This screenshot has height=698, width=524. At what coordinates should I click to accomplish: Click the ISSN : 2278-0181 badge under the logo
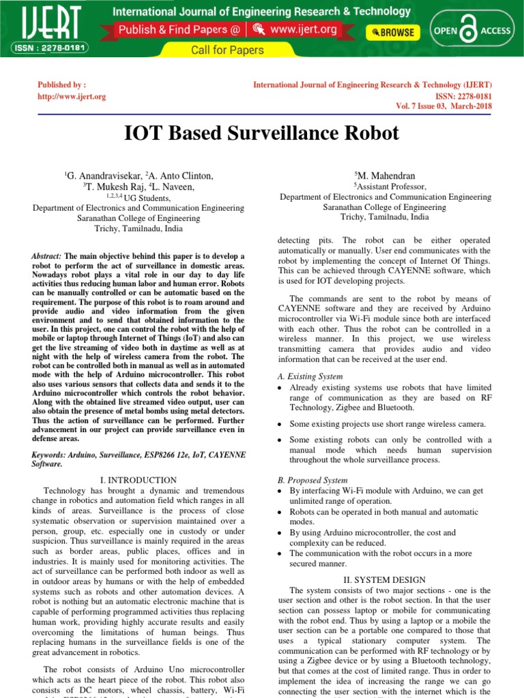tap(46, 48)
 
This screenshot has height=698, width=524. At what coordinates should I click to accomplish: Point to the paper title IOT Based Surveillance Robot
tap(261, 133)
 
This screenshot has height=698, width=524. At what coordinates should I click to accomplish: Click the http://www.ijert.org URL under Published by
tap(72, 97)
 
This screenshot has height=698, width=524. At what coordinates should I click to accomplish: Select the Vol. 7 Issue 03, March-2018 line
tap(443, 106)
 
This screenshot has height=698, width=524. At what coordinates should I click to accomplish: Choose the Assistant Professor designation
tap(390, 186)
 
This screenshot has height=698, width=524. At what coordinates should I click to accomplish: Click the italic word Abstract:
tap(47, 256)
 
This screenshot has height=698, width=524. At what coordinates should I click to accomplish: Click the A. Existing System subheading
tap(310, 376)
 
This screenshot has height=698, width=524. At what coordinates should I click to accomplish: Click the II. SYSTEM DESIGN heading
tap(385, 579)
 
